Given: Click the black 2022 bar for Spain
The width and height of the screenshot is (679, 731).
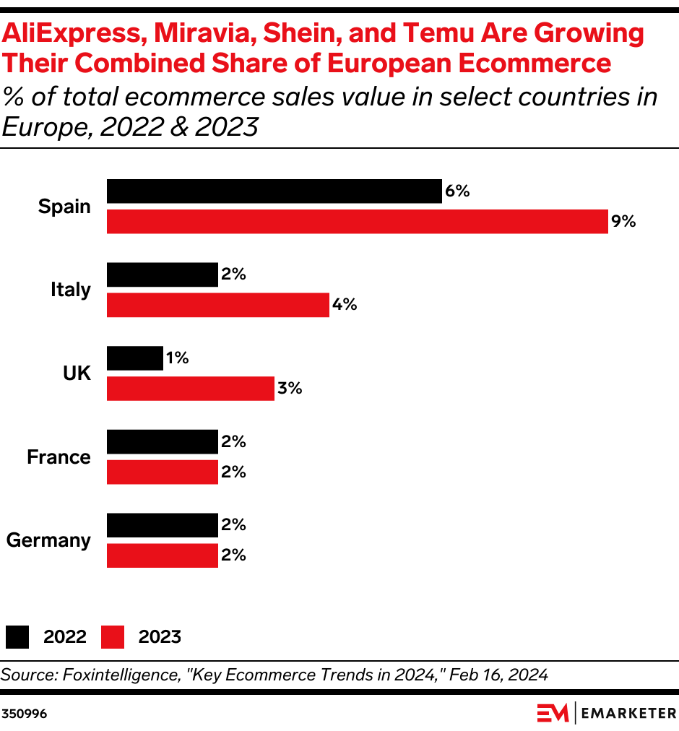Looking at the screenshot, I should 274,191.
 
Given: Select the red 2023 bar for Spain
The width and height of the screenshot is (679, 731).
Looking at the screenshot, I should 357,222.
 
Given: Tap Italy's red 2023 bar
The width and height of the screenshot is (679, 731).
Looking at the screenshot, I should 217,305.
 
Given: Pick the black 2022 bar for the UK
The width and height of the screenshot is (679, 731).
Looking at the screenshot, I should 134,358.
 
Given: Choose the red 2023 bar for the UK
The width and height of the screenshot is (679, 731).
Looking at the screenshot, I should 190,389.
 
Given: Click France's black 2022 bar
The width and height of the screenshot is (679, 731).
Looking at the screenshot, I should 162,441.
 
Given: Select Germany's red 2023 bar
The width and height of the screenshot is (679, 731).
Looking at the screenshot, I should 162,555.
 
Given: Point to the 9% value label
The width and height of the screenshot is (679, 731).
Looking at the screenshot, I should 623,222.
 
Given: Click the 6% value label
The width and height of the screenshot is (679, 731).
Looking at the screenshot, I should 457,191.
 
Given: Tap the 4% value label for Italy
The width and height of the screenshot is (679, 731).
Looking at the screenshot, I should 345,305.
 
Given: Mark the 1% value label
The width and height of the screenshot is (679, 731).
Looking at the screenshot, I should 177,358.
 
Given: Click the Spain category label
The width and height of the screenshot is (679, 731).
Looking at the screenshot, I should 64,207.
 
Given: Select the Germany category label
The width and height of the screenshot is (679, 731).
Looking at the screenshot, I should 48,540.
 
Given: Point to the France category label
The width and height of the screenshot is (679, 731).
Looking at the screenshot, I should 59,457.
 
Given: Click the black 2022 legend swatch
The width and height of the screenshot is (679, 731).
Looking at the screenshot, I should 17,636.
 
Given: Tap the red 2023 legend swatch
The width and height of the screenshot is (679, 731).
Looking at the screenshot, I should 112,636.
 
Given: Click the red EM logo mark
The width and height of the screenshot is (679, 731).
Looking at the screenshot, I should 553,713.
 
